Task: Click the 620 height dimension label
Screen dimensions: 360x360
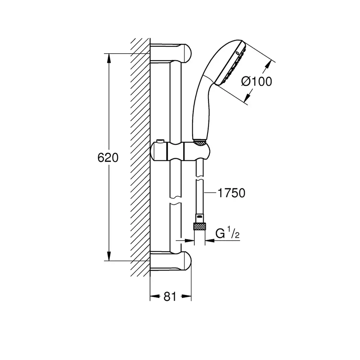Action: point(108,158)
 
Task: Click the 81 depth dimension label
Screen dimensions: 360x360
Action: point(170,296)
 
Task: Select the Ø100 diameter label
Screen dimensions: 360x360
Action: point(257,81)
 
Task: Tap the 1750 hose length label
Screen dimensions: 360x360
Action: point(231,193)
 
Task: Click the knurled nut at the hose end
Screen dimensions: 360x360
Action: point(200,226)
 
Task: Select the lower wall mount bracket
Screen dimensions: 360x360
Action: point(171,261)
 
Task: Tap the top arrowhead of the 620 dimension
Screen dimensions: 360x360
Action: point(109,59)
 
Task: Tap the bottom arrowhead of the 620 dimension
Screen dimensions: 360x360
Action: point(109,256)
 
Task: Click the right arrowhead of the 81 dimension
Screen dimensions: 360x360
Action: point(186,296)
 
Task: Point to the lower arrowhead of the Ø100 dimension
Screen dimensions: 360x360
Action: point(247,98)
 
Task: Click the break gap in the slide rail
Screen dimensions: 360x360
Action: point(176,200)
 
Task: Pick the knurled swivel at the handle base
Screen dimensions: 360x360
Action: point(199,142)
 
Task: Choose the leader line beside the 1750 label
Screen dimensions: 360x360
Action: point(210,193)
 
